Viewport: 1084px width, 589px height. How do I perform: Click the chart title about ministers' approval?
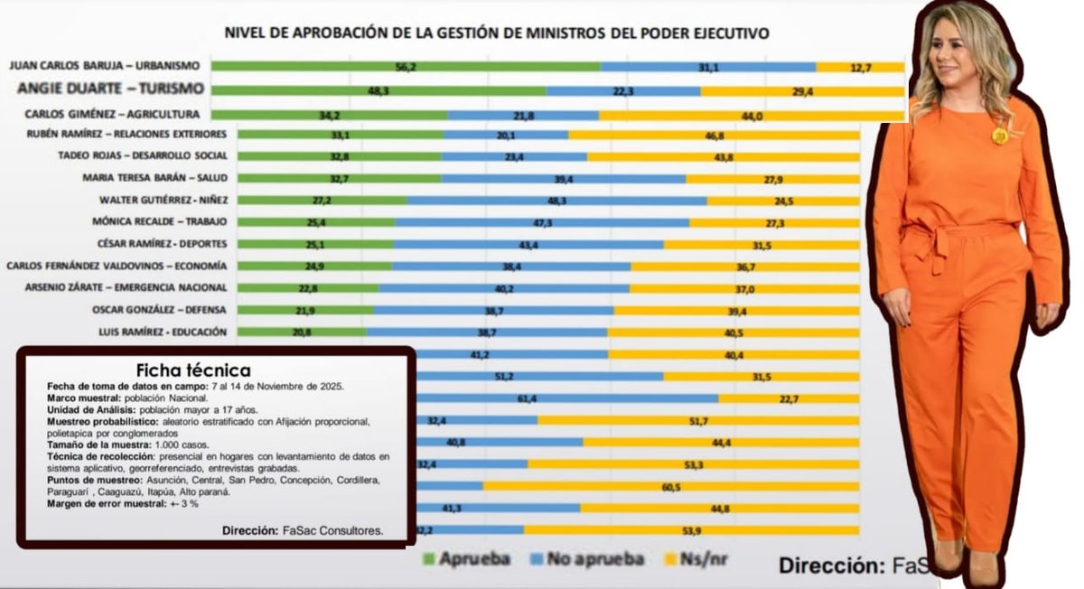pos(497,33)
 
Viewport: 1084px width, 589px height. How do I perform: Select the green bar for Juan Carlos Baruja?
pos(406,66)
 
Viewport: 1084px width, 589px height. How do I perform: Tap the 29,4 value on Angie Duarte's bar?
pos(802,90)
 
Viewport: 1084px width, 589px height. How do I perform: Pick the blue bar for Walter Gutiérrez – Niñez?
pos(556,201)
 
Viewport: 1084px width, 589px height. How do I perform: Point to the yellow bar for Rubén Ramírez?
pos(714,135)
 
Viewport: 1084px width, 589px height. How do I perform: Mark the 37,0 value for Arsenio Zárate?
pos(744,288)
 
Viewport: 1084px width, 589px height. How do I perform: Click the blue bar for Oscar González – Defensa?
pos(493,310)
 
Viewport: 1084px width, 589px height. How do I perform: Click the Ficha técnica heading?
pos(193,370)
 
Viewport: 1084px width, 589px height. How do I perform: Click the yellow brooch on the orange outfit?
pos(999,136)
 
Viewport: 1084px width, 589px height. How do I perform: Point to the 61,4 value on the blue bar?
pos(528,397)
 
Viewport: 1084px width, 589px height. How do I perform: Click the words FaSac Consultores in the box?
pos(331,531)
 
